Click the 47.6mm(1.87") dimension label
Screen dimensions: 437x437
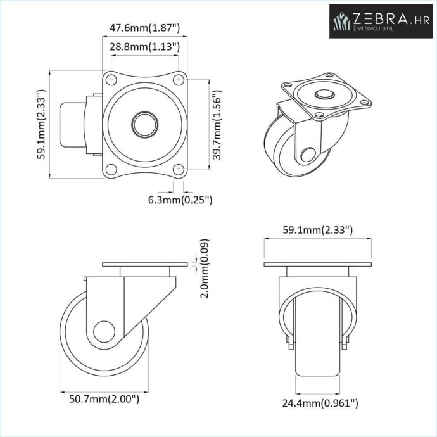(x=144, y=28)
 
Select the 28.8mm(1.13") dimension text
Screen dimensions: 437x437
(x=144, y=46)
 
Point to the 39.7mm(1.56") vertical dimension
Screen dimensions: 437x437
(x=217, y=125)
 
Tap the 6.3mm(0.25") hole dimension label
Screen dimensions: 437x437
(x=180, y=200)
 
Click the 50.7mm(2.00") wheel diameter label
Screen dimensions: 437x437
(x=104, y=399)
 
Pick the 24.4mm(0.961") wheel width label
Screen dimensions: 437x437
(x=320, y=403)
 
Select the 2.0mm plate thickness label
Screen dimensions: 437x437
(x=205, y=269)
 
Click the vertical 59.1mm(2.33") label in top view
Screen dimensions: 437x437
(x=41, y=124)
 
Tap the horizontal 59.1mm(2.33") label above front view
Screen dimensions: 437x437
(x=318, y=230)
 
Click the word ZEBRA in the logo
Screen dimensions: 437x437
(x=380, y=18)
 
